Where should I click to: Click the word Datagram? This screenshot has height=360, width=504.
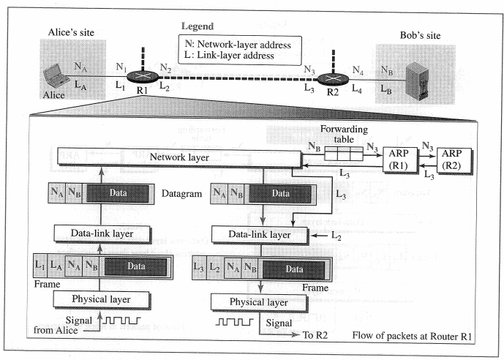click(183, 194)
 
